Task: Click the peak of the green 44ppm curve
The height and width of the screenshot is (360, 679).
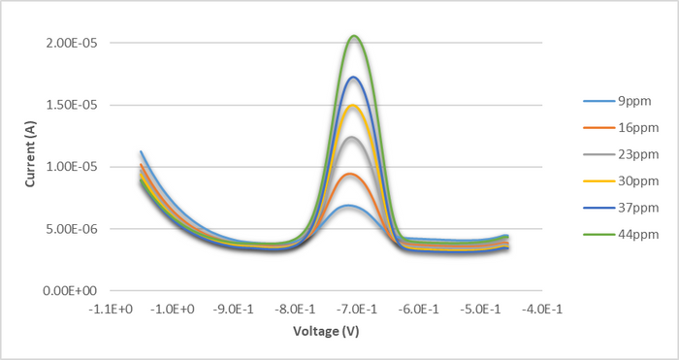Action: pyautogui.click(x=355, y=37)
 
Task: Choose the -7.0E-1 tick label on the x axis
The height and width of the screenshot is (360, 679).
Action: pyautogui.click(x=355, y=309)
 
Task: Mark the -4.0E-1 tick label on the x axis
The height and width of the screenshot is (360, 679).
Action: pyautogui.click(x=538, y=309)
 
